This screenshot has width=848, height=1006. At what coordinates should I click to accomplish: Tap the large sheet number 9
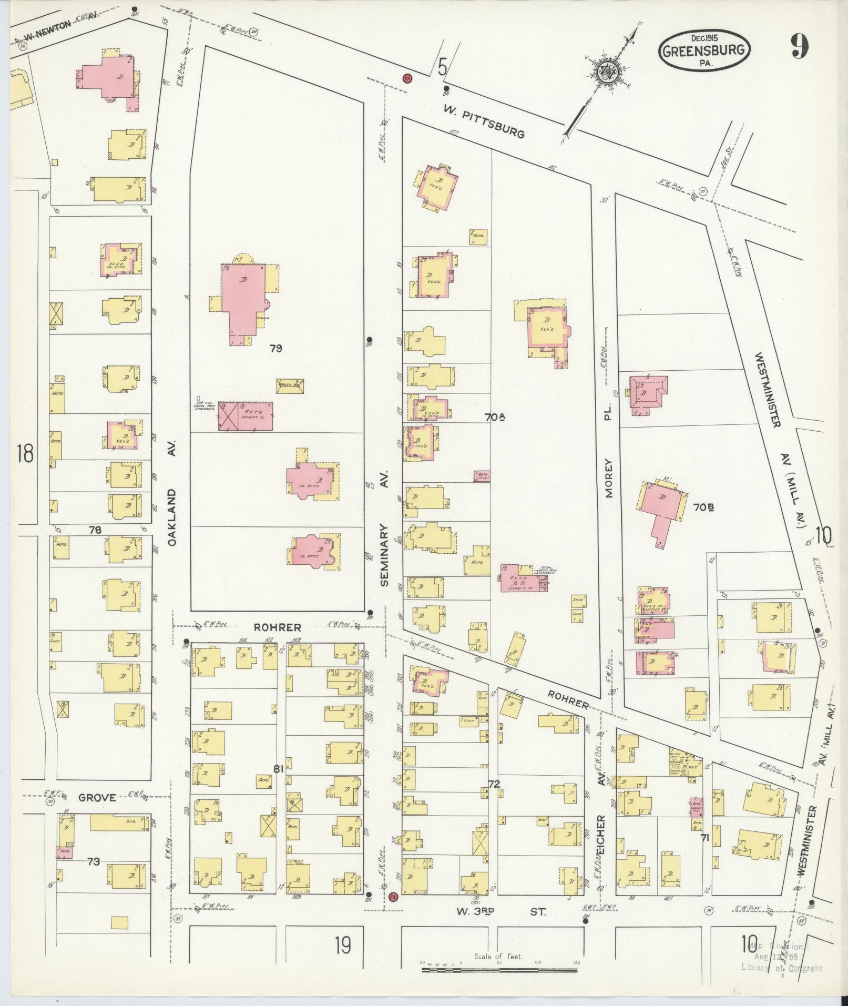coord(798,48)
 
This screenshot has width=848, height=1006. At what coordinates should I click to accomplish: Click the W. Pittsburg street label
coord(484,122)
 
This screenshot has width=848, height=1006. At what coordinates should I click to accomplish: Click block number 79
coord(276,348)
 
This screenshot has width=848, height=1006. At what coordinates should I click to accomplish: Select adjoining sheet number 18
coord(25,453)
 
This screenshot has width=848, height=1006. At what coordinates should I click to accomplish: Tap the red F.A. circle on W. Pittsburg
coord(406,78)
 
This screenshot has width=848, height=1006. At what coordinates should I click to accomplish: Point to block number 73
coord(94,861)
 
